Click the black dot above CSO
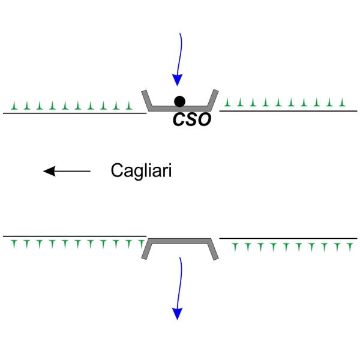tap(179, 101)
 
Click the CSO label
tap(192, 119)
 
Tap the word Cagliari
tap(141, 171)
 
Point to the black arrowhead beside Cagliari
tap(49, 171)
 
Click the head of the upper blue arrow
tap(177, 80)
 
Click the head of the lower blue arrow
tap(177, 314)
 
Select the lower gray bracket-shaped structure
tap(180, 241)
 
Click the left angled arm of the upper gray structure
tap(147, 100)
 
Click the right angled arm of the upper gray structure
tap(213, 100)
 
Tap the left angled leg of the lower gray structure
tap(147, 249)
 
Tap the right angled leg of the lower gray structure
tap(213, 250)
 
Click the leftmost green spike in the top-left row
tap(14, 106)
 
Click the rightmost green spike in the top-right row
tap(343, 103)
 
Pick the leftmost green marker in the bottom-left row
tap(14, 244)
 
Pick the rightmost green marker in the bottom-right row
tap(350, 247)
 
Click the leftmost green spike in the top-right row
tap(227, 103)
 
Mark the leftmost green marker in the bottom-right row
tap(235, 247)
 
